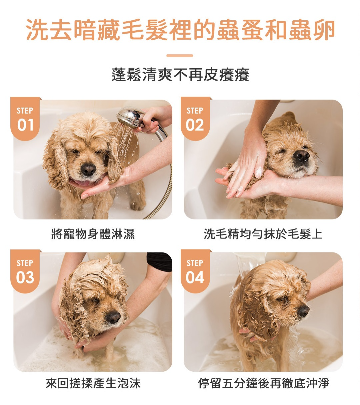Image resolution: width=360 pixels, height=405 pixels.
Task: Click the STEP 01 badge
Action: (25, 119)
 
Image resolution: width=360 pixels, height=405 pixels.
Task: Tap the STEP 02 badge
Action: (195, 119)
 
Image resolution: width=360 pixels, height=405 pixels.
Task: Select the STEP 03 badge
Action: (25, 271)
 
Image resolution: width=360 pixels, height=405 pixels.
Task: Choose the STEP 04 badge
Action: (195, 271)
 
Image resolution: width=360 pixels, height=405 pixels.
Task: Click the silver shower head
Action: (129, 117)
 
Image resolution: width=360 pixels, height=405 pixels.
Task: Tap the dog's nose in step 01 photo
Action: (88, 169)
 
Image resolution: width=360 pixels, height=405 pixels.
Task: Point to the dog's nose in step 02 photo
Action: (301, 156)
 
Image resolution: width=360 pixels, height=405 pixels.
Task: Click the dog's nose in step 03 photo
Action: (113, 317)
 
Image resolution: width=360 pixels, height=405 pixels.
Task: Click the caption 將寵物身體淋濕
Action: (93, 234)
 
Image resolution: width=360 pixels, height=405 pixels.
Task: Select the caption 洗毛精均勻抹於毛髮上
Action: (263, 234)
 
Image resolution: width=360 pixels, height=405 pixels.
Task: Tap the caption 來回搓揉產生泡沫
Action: (93, 383)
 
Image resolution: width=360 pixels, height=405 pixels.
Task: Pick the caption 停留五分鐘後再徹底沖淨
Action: (264, 383)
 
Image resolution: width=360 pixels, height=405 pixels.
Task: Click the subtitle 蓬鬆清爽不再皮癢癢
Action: (180, 75)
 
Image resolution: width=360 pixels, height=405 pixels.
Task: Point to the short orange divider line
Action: (180, 56)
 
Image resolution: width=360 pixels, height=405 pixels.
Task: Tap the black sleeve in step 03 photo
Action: (159, 262)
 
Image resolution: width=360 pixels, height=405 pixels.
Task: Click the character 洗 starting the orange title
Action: (38, 30)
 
